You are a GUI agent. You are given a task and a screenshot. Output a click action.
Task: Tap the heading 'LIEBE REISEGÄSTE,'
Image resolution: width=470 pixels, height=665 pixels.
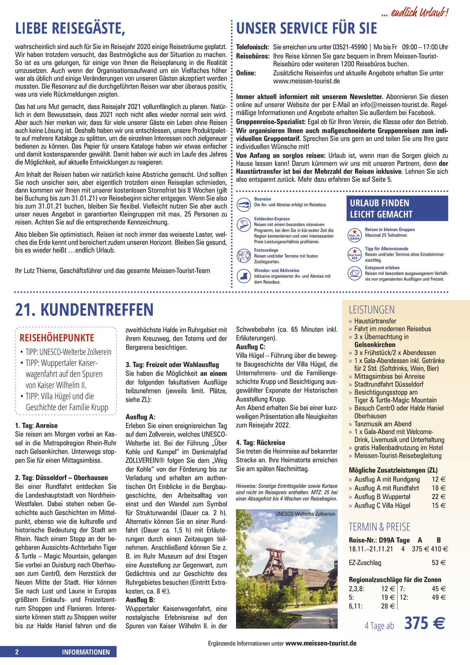[70, 29]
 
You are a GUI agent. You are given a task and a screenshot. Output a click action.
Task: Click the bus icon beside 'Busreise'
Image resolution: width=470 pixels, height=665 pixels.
[244, 204]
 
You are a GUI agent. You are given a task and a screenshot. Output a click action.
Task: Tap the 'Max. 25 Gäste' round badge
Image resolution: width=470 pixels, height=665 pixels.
[354, 235]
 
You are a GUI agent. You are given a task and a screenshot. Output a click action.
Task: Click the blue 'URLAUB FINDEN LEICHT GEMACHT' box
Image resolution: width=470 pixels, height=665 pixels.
[397, 208]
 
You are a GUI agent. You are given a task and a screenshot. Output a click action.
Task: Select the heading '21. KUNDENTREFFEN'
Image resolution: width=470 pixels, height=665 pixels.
[84, 309]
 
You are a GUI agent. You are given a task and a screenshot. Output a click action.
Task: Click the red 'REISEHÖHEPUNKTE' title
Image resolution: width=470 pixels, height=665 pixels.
[57, 338]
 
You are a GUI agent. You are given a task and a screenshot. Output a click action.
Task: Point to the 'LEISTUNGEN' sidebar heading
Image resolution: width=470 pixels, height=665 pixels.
[372, 309]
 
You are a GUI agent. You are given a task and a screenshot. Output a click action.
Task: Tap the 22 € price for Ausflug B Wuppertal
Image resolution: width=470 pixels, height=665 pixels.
[439, 497]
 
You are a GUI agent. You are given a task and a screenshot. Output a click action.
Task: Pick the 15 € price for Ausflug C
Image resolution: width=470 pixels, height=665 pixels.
[439, 506]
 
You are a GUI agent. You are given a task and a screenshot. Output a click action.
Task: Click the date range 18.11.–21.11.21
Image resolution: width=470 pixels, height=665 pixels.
[371, 549]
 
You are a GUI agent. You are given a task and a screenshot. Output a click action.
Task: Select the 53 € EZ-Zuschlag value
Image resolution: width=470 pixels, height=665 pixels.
[439, 563]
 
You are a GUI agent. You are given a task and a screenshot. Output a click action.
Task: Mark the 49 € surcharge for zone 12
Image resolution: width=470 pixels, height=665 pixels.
[439, 597]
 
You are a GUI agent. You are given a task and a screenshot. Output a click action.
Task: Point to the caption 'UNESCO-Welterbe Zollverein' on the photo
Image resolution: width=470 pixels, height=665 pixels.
[305, 514]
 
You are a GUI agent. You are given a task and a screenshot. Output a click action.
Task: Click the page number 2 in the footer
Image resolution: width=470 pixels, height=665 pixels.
[17, 652]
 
